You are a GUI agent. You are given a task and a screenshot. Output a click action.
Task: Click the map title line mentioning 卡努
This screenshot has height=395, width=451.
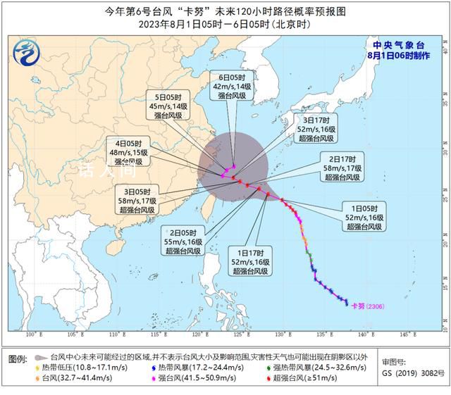pos(225,11)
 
